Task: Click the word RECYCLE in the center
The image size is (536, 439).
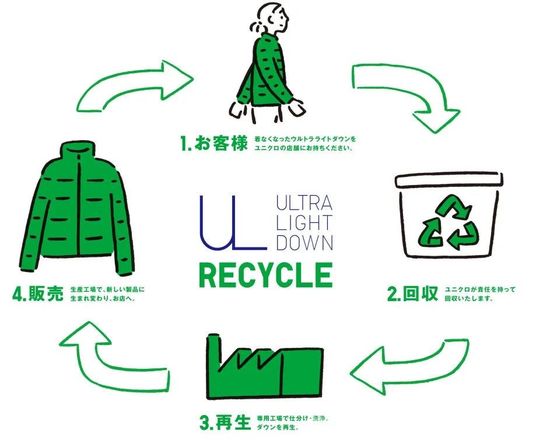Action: pos(265,275)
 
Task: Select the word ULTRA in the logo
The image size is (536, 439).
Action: pos(304,204)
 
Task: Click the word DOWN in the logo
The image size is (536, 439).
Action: pos(304,242)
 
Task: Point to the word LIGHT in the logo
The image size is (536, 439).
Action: pos(304,223)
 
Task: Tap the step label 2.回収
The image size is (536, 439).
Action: pos(412,294)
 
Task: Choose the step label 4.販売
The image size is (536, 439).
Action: pos(37,293)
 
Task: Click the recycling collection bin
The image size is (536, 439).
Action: pos(449,216)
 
